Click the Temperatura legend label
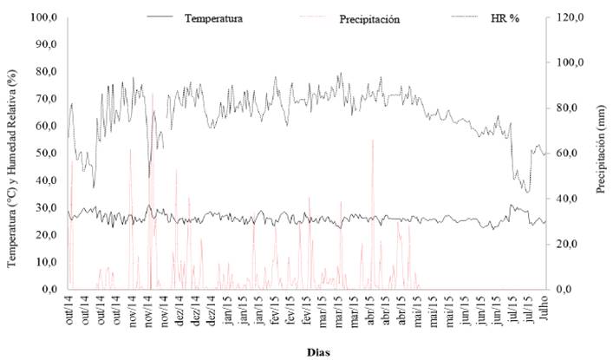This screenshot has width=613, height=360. pos(213,17)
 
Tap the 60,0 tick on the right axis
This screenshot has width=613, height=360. pos(570,153)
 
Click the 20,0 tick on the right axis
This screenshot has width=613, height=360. pos(570,244)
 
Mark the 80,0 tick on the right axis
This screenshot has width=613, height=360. pos(570,108)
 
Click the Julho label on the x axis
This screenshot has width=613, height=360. pos(543,311)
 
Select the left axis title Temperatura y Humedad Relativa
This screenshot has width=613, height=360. pos(13,153)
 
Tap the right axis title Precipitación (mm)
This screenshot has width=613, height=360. pos(602,153)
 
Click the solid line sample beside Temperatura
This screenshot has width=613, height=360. pos(162,16)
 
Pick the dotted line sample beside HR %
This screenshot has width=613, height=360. pos(462,16)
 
